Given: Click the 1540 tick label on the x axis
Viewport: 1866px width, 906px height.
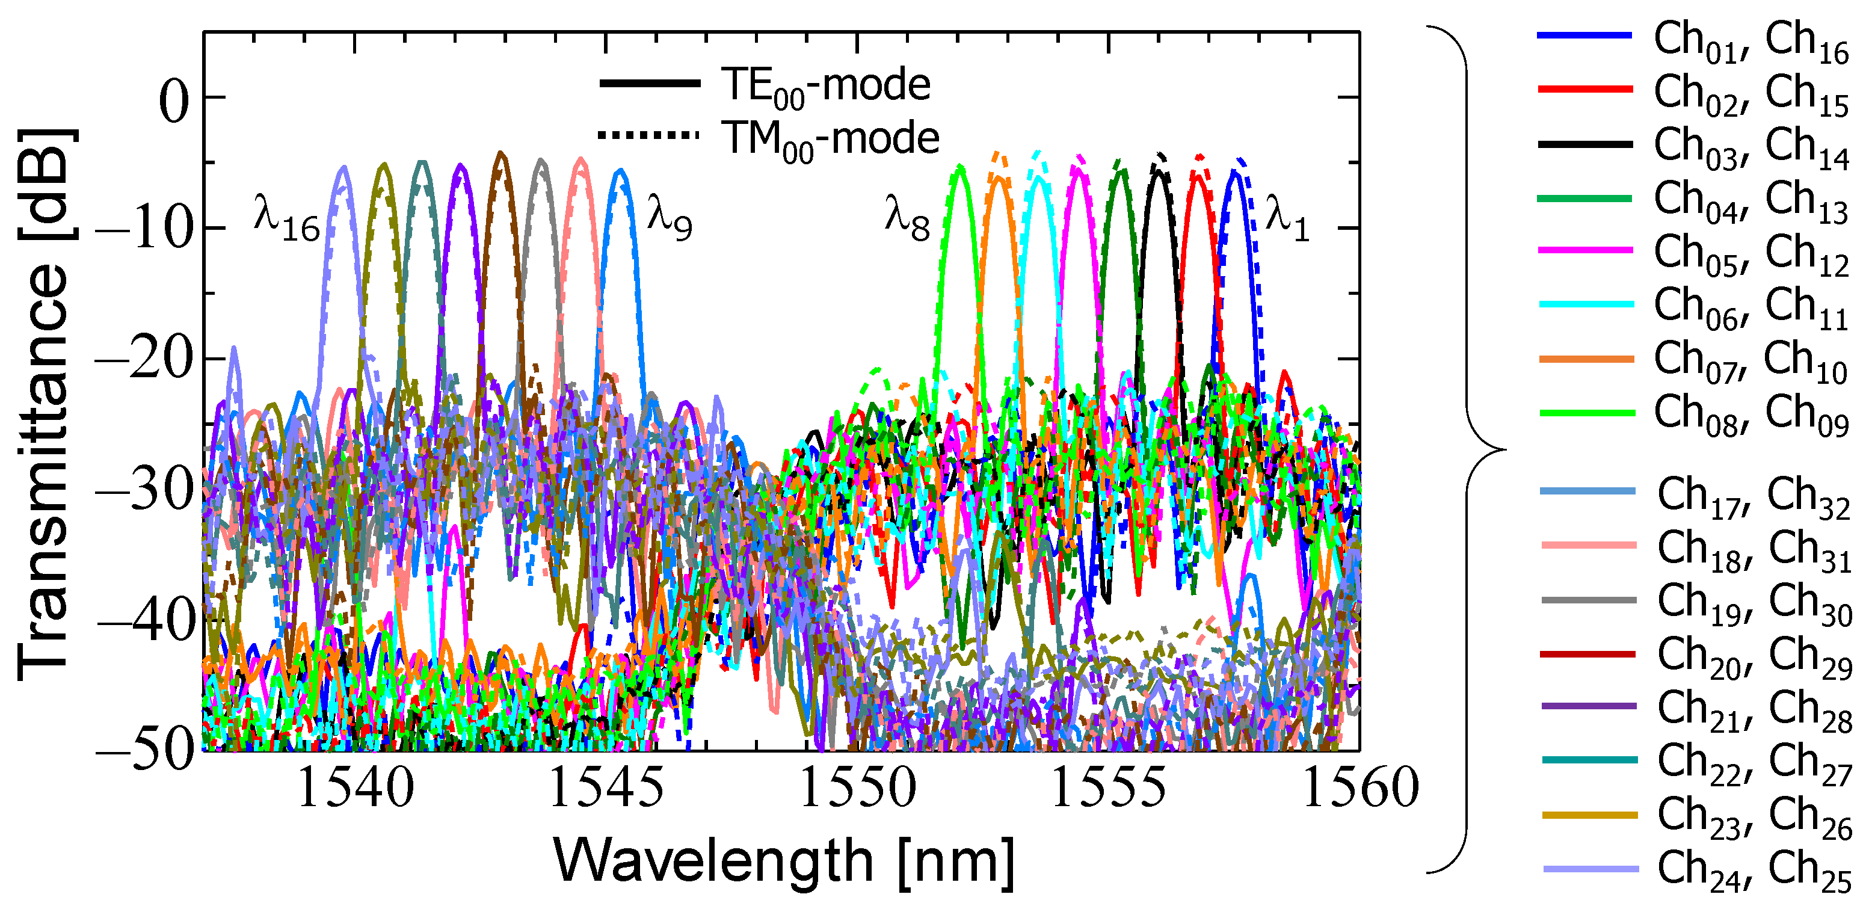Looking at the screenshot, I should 355,788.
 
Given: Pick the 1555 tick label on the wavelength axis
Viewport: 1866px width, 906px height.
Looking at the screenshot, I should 1107,788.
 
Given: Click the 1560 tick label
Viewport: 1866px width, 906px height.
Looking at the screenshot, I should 1359,788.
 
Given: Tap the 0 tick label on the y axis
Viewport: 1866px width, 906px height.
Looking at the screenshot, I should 174,102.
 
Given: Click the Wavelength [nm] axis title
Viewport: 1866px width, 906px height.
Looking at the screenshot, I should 784,862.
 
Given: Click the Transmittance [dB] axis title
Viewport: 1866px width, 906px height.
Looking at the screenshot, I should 45,405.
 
